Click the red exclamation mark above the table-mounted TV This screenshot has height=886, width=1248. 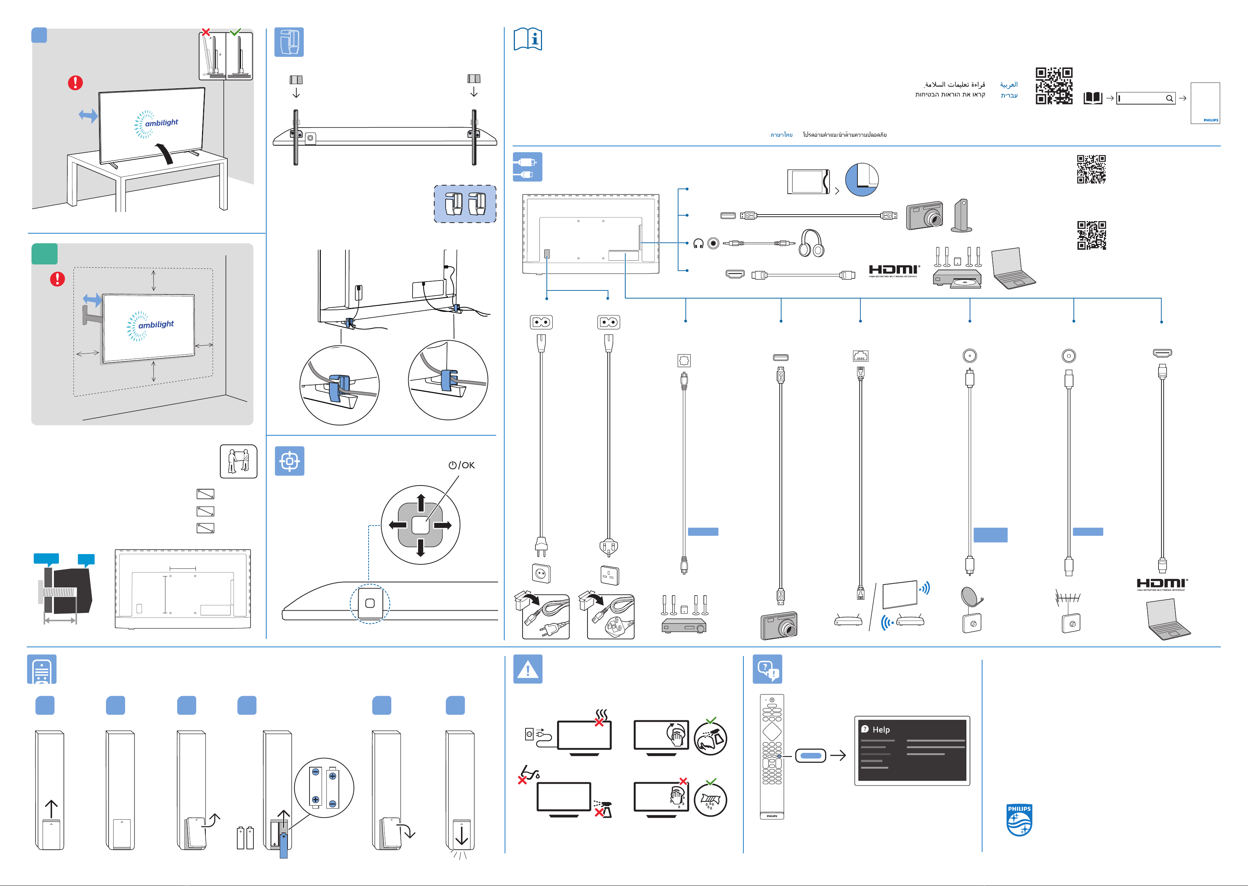click(x=75, y=83)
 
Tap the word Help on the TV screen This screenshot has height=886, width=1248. click(x=881, y=729)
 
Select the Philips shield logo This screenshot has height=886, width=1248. click(x=1019, y=820)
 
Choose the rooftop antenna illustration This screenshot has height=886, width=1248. click(x=1068, y=598)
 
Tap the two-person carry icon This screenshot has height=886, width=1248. click(x=238, y=461)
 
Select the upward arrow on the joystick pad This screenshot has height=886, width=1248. click(x=421, y=502)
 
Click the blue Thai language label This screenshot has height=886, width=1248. click(x=781, y=135)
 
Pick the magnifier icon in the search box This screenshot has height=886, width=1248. click(x=1169, y=99)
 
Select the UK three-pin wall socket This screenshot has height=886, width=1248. click(x=609, y=575)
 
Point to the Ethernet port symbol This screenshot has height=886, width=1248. click(x=860, y=356)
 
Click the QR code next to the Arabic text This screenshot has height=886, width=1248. click(x=1054, y=86)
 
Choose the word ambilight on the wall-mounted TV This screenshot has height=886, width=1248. click(x=156, y=324)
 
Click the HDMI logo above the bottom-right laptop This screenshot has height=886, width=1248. click(x=1162, y=584)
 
